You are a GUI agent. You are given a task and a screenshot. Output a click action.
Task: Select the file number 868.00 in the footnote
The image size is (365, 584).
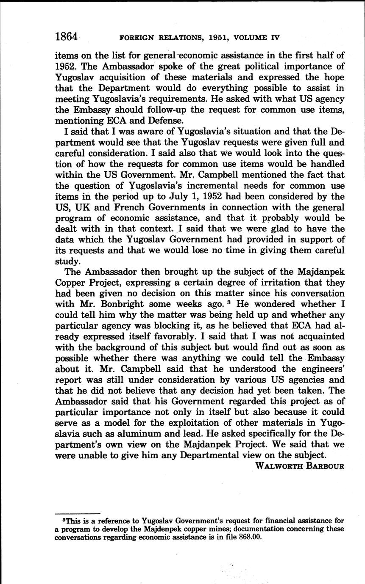click(x=250, y=537)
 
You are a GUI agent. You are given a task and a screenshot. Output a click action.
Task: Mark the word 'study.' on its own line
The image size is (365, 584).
click(x=68, y=261)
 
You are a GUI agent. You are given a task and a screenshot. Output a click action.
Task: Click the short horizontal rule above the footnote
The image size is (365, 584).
click(x=78, y=513)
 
